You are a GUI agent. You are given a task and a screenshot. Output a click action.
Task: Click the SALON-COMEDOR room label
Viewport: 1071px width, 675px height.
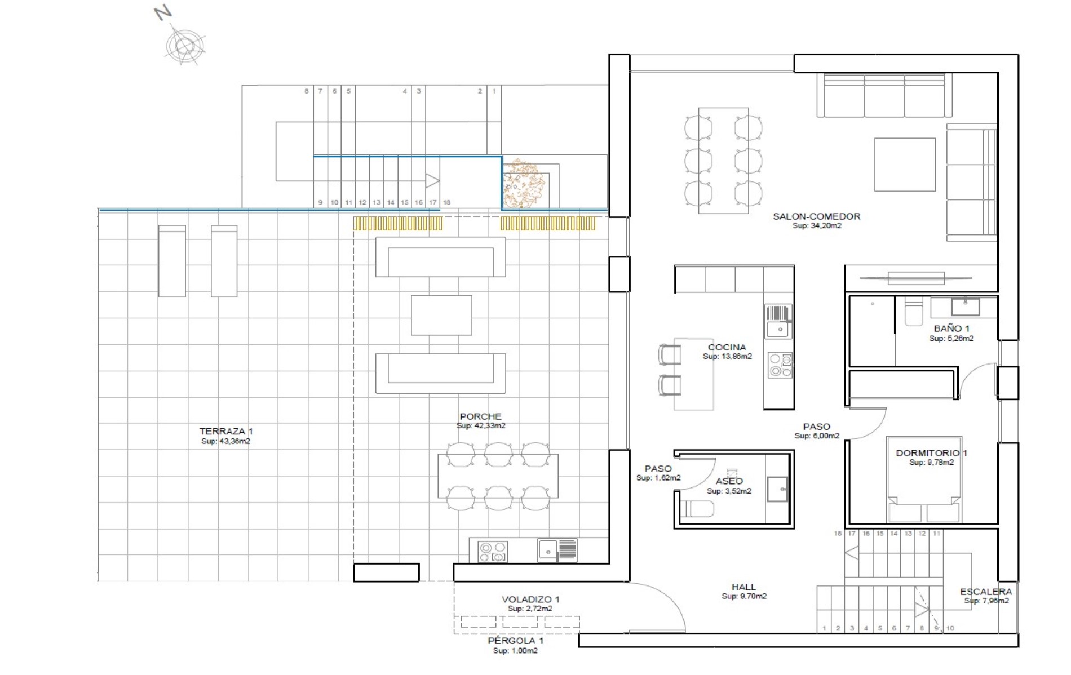coord(816,216)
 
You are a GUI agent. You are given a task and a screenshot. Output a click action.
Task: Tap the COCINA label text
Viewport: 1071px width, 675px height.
coord(727,347)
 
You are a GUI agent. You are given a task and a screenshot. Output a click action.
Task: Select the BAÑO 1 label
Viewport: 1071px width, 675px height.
coord(951,328)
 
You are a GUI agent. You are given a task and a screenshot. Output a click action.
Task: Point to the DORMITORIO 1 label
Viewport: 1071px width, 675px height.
coord(931,453)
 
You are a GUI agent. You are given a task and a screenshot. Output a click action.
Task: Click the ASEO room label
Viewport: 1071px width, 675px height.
coord(729,481)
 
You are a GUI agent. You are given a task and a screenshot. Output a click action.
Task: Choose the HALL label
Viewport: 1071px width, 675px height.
coord(743,587)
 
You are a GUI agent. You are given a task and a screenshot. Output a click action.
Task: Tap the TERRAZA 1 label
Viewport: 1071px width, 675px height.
coord(226,431)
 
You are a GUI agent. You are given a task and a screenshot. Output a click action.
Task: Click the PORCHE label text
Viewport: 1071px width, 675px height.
coord(480,416)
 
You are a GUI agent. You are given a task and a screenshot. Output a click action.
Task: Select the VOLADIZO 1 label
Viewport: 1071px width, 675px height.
coord(530,599)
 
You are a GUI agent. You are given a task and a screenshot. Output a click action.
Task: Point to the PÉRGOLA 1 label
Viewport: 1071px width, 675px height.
coord(515,641)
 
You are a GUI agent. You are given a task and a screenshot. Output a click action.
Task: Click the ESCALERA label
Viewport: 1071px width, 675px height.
coord(986,592)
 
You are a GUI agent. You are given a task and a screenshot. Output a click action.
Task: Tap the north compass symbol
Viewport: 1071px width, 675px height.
coord(184,45)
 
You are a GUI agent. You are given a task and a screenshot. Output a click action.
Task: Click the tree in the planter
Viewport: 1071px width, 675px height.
coord(524,183)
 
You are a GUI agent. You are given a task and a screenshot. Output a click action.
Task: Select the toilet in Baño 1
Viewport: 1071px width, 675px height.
coord(913,313)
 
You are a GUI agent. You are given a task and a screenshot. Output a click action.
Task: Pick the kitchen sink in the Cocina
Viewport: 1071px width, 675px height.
coord(778,321)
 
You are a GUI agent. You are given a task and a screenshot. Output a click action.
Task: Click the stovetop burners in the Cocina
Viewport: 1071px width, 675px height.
coord(780,365)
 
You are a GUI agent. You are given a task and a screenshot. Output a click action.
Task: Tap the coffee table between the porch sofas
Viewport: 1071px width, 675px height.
coord(441,316)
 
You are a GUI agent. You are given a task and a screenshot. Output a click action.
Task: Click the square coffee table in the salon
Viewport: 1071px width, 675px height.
coord(905,165)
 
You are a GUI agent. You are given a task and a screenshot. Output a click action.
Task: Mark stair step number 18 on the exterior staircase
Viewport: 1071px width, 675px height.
coord(446,202)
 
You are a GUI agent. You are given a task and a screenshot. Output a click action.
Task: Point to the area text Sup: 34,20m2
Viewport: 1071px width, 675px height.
coord(816,226)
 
